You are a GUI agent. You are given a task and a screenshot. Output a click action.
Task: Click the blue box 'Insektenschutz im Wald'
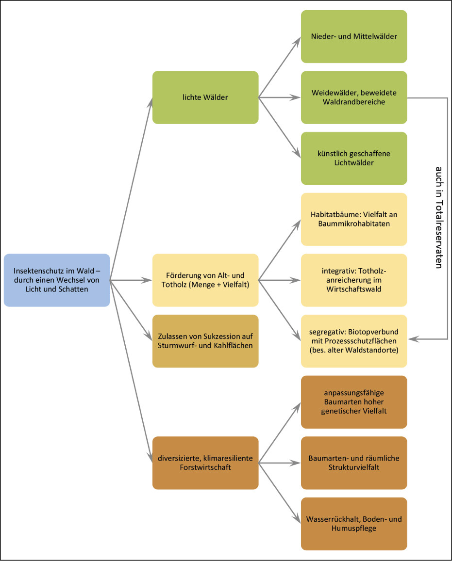[57, 280]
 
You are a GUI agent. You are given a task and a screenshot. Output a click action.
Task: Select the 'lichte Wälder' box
[205, 97]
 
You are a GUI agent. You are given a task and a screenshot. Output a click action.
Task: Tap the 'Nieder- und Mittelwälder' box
[354, 36]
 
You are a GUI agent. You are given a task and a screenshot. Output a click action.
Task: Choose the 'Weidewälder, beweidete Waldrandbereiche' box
[354, 97]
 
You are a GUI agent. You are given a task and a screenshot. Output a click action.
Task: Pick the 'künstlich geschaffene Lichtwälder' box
[354, 159]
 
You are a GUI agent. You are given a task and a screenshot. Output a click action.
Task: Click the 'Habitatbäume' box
[354, 219]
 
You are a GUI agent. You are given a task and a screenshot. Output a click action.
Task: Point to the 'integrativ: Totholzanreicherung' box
[354, 280]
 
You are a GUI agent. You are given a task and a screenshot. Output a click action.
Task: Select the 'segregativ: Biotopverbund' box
[354, 341]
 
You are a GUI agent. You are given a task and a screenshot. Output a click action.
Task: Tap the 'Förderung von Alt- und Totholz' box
[205, 280]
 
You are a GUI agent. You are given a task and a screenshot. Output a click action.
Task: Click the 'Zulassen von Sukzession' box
[205, 341]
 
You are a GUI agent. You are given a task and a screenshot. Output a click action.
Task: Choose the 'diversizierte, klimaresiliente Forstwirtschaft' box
[205, 463]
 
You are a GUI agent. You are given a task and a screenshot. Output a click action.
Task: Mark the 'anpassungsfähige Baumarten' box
[354, 402]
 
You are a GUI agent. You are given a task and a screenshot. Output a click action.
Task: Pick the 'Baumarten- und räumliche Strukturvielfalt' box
[354, 463]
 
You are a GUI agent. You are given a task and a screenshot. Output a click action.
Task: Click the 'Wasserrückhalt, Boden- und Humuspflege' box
[354, 524]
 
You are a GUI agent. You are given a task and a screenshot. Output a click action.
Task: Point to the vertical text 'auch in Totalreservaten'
[439, 218]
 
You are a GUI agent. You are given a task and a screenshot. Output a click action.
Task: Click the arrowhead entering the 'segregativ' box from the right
[413, 339]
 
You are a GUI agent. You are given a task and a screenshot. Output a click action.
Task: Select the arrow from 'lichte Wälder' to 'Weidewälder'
[279, 97]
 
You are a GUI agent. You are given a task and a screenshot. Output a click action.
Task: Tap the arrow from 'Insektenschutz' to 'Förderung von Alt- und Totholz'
[131, 280]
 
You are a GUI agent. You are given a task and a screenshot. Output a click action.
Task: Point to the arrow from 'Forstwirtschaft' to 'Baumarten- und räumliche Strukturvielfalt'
[279, 463]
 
